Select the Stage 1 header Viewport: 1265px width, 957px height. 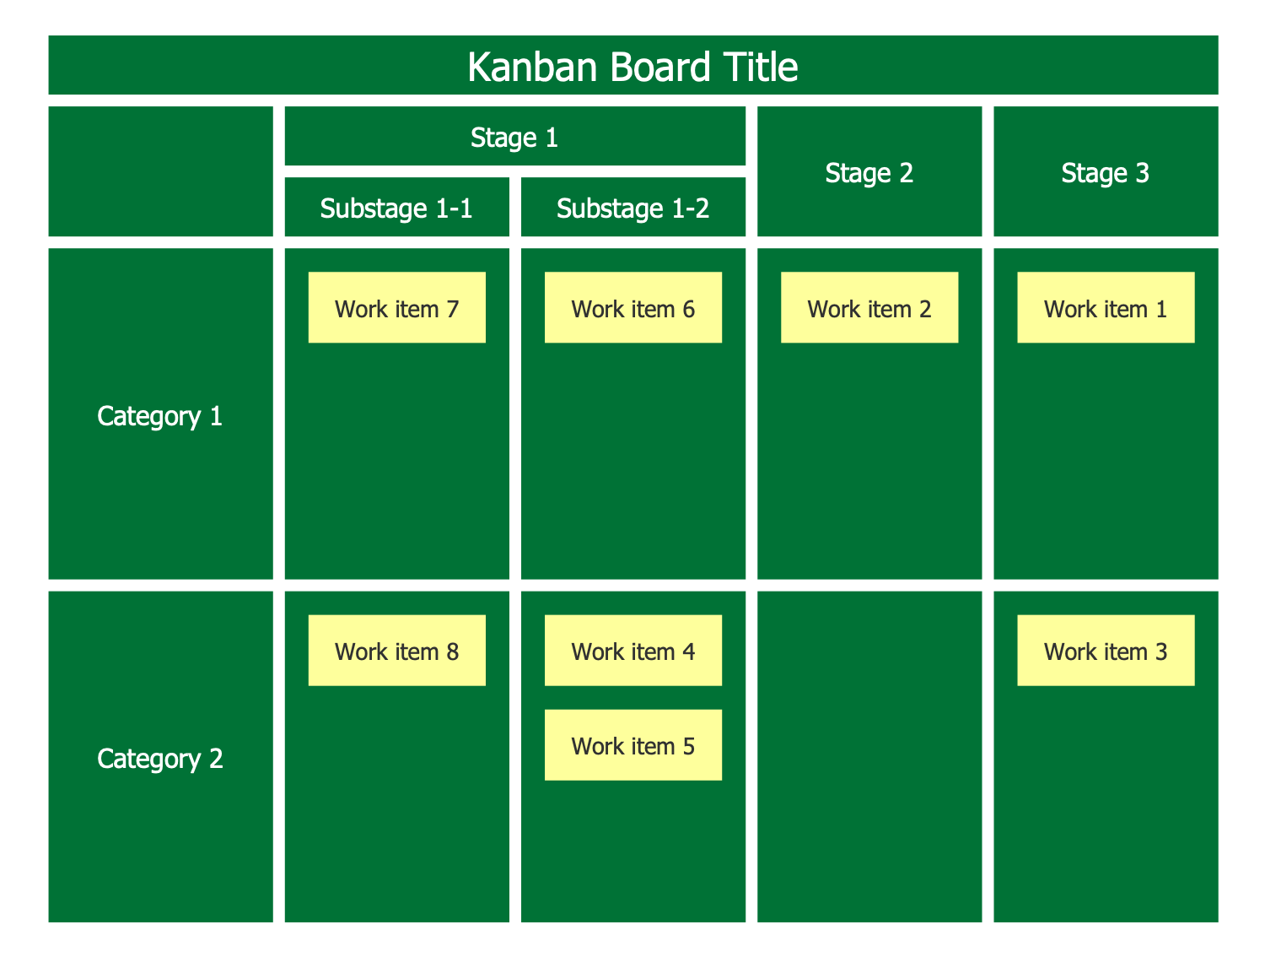(x=514, y=136)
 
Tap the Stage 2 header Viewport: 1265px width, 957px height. (x=869, y=171)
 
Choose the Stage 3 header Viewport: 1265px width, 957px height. (x=1106, y=171)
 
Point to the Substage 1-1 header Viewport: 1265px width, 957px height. (x=396, y=207)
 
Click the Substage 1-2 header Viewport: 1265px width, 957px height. (x=632, y=207)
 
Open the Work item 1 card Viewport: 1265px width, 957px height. (x=1106, y=307)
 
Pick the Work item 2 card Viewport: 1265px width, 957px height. (x=869, y=307)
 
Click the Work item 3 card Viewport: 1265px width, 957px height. (x=1106, y=651)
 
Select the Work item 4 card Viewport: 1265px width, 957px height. (x=632, y=651)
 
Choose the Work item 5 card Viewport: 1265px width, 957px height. (x=632, y=745)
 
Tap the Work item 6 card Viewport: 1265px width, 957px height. (x=632, y=307)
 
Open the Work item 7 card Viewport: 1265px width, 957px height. (x=396, y=307)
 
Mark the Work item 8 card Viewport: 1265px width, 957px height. (x=396, y=651)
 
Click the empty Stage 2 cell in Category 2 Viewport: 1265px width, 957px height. (x=869, y=756)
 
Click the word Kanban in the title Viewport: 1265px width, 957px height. (x=532, y=67)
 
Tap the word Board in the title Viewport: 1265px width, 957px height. (x=659, y=67)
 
